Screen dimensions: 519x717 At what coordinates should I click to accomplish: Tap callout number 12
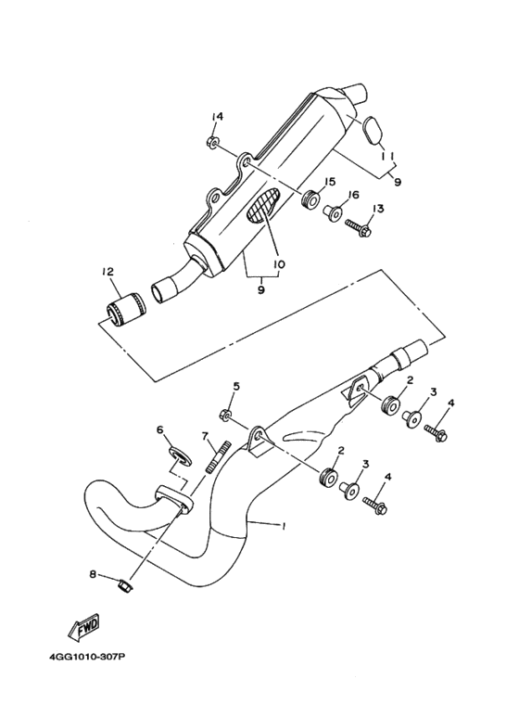pyautogui.click(x=108, y=272)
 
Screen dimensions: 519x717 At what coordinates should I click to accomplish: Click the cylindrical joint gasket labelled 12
pyautogui.click(x=123, y=311)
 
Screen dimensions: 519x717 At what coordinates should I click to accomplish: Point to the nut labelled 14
pyautogui.click(x=211, y=143)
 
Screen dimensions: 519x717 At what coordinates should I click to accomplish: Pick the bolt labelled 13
pyautogui.click(x=359, y=228)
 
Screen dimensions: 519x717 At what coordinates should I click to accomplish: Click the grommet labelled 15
pyautogui.click(x=310, y=199)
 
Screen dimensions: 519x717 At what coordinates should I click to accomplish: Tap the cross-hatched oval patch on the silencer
pyautogui.click(x=262, y=206)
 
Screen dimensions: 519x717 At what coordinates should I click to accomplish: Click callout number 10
pyautogui.click(x=279, y=263)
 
